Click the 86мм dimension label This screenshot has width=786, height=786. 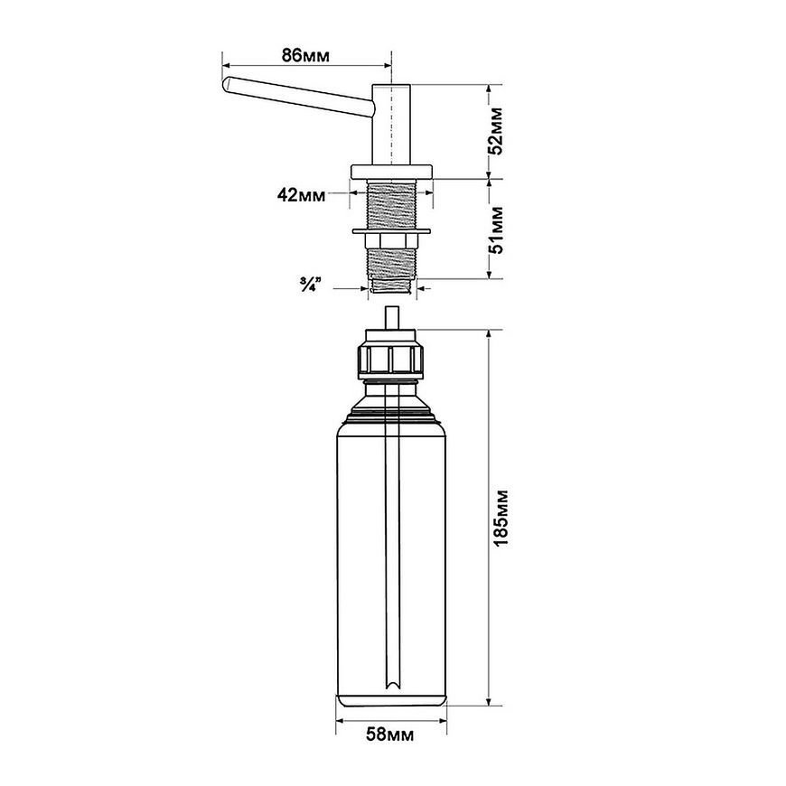click(x=305, y=55)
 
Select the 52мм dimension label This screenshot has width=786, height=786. click(x=496, y=130)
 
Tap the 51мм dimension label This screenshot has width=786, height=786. click(x=496, y=230)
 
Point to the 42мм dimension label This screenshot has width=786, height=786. click(x=301, y=194)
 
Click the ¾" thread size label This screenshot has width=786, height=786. click(x=310, y=287)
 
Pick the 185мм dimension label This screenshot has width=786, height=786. click(x=501, y=518)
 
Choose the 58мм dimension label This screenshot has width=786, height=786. click(x=390, y=735)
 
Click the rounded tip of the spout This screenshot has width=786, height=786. click(x=226, y=84)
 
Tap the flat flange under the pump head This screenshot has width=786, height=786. click(x=391, y=172)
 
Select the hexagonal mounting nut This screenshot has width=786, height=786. click(x=391, y=241)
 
